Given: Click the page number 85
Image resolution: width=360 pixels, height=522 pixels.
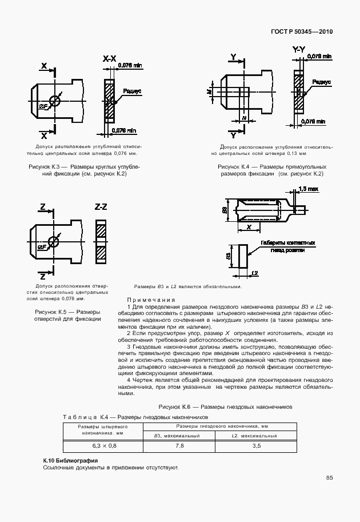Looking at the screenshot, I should pos(330,478).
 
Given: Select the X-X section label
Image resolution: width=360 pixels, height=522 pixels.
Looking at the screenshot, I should pos(109,58).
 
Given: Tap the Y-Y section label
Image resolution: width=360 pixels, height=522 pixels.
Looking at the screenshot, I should pos(298,51).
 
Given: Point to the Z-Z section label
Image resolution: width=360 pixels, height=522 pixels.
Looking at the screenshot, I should pos(101,206).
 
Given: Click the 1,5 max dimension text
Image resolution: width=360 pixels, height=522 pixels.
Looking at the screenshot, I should pos(309,189).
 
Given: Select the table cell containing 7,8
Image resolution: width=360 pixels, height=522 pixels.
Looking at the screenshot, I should pos(179,445).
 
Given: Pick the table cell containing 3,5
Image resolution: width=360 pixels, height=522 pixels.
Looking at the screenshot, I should pos(256,445).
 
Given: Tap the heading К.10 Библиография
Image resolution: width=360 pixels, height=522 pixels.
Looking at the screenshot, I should pos(71,460).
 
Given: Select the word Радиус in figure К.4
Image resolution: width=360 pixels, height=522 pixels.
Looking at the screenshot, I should pos(322,82).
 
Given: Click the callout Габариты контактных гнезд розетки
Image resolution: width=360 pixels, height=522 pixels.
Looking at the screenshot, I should pos(288,246).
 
